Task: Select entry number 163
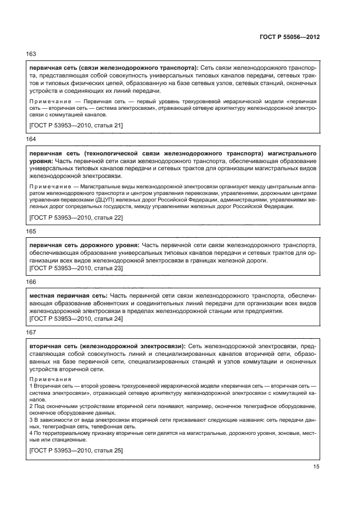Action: (x=31, y=54)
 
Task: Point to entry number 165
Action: (x=31, y=232)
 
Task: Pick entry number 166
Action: (x=31, y=281)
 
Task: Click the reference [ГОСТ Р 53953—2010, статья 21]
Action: (x=76, y=126)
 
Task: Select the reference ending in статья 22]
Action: (x=76, y=218)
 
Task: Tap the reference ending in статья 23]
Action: (x=76, y=268)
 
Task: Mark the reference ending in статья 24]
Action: (x=76, y=319)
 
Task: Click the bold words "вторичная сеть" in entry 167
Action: (x=52, y=347)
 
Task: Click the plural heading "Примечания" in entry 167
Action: (x=50, y=379)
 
